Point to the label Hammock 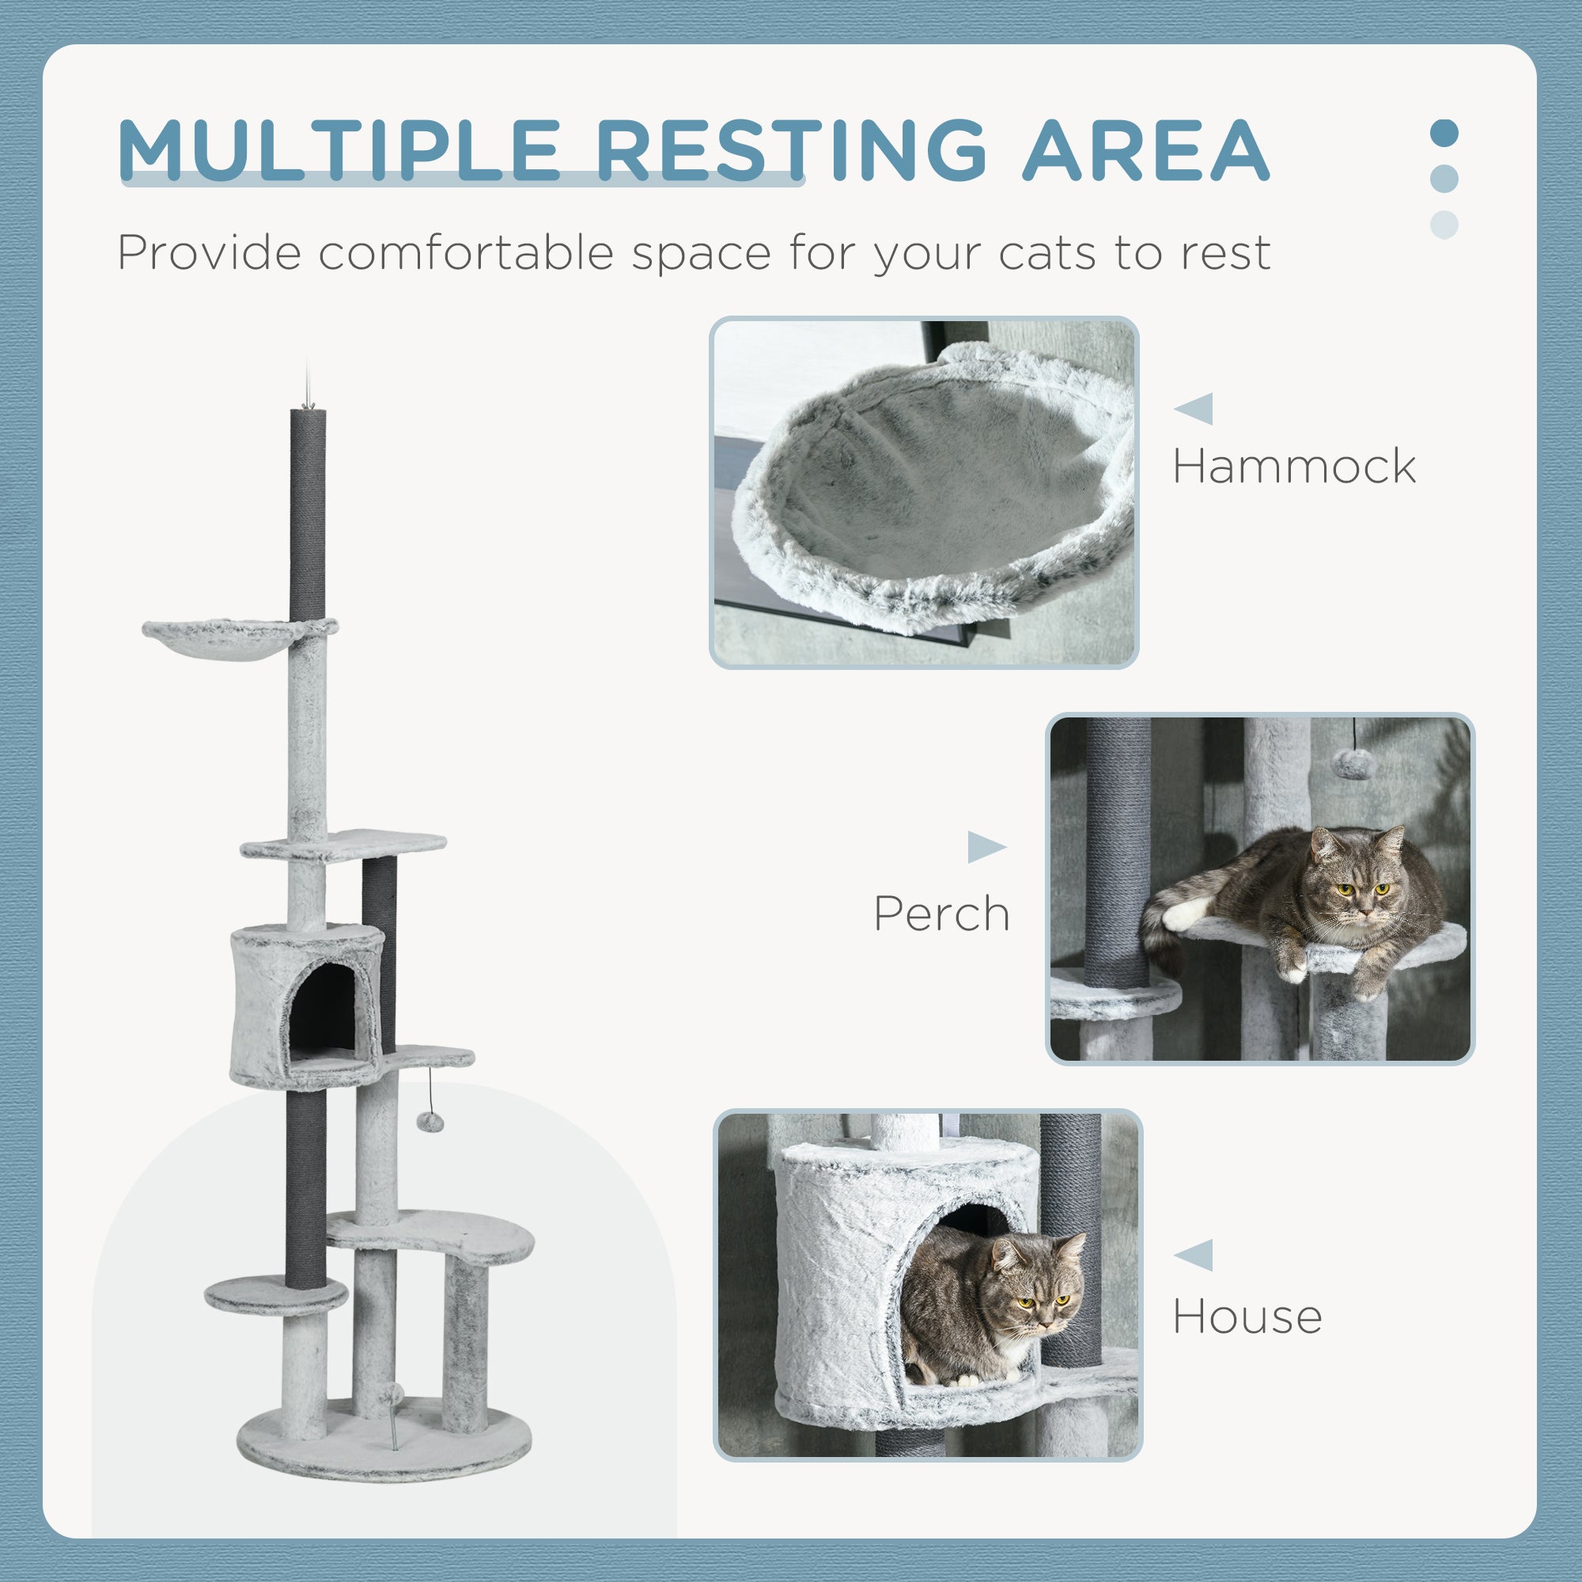pyautogui.click(x=1294, y=467)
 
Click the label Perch pyautogui.click(x=941, y=914)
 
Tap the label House pyautogui.click(x=1247, y=1318)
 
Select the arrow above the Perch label pyautogui.click(x=986, y=846)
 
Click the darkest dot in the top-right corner pyautogui.click(x=1444, y=134)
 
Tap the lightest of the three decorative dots pyautogui.click(x=1444, y=225)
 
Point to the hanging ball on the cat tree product pyautogui.click(x=429, y=1121)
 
